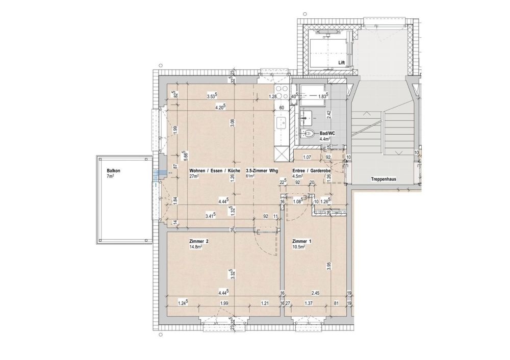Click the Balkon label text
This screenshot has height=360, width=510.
114,170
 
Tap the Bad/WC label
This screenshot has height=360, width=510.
326,132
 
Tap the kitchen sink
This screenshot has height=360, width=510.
281,123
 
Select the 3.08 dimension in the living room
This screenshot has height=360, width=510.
231,123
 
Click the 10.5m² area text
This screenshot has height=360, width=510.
299,247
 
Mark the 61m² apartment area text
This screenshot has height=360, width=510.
250,176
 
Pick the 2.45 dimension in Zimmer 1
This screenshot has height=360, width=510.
315,293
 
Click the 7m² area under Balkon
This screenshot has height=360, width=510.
110,176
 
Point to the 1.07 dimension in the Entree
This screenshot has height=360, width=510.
308,157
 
